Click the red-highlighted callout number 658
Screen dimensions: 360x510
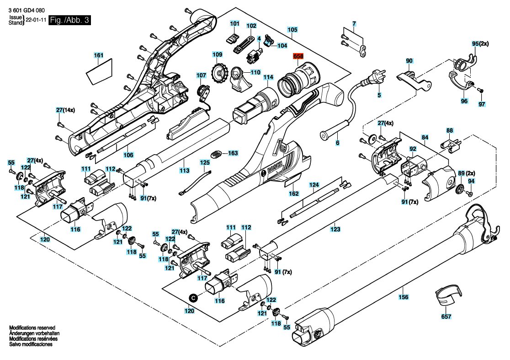(x=298, y=56)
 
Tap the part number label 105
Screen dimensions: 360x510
(x=292, y=30)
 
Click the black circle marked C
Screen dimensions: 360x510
(x=193, y=297)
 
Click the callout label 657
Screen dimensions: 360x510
(x=446, y=316)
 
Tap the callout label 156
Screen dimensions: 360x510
(x=404, y=296)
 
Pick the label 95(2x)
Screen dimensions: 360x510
(x=480, y=43)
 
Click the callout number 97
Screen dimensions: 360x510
(x=481, y=104)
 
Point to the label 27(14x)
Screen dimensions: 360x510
(x=67, y=110)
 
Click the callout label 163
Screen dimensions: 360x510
(x=233, y=153)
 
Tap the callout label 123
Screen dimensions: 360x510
(x=335, y=229)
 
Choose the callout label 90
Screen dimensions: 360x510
(x=409, y=60)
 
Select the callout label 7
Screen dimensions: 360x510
(x=353, y=23)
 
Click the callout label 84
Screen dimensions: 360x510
(x=425, y=137)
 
